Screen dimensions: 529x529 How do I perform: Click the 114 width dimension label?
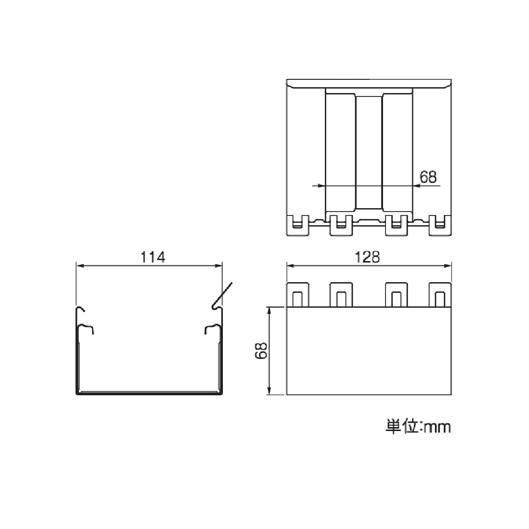pyautogui.click(x=153, y=257)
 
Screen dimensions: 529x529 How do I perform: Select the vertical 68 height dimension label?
pyautogui.click(x=262, y=351)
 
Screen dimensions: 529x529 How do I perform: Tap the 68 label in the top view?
pyautogui.click(x=428, y=177)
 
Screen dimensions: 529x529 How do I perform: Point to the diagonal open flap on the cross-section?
pyautogui.click(x=223, y=295)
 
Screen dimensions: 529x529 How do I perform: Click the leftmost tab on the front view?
pyautogui.click(x=298, y=295)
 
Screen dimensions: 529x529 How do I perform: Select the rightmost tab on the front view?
pyautogui.click(x=439, y=295)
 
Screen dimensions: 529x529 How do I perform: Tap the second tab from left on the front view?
pyautogui.click(x=341, y=295)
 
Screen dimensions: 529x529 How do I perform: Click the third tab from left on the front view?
pyautogui.click(x=397, y=295)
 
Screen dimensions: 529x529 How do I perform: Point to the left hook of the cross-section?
pyautogui.click(x=81, y=311)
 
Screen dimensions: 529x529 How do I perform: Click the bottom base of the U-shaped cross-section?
pyautogui.click(x=149, y=392)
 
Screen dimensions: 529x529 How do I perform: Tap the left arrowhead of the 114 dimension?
pyautogui.click(x=79, y=266)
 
